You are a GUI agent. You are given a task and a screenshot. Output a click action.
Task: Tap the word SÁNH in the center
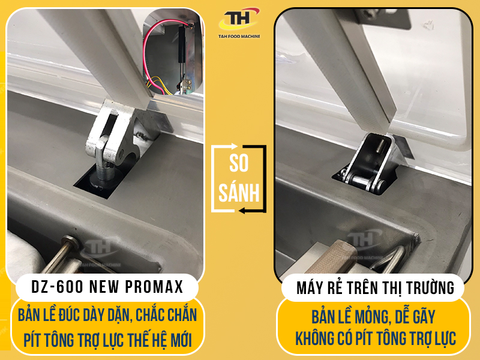tap(239, 193)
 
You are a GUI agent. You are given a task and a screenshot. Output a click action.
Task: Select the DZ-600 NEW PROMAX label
tap(107, 287)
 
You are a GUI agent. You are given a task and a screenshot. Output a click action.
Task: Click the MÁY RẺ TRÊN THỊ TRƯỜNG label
tap(375, 288)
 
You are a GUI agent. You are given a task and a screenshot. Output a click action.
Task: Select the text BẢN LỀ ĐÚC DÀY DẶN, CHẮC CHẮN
tap(107, 314)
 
